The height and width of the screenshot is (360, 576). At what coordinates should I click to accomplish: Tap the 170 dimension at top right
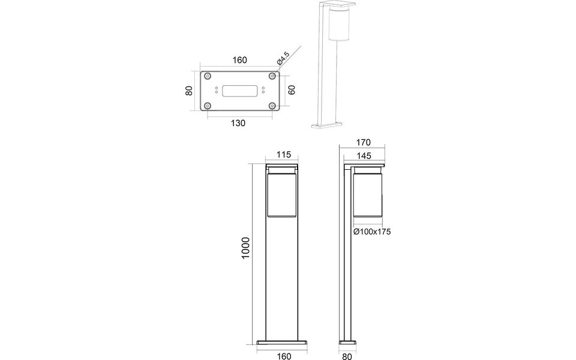click(363, 143)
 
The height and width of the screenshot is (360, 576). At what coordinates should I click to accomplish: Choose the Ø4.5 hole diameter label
click(283, 59)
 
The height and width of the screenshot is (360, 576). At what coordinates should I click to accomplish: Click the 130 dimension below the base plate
click(238, 123)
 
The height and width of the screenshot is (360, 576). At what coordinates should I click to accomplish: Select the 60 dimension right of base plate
click(292, 91)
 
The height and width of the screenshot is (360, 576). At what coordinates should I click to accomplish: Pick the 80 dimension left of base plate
click(188, 91)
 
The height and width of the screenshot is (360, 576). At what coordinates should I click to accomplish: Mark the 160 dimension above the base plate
click(239, 60)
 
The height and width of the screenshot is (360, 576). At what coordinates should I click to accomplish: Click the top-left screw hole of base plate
click(208, 76)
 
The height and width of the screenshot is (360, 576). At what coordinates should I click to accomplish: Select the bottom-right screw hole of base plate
click(272, 106)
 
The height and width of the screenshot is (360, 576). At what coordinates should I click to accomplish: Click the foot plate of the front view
click(282, 343)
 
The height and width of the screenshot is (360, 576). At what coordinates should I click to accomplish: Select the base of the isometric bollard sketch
click(326, 125)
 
